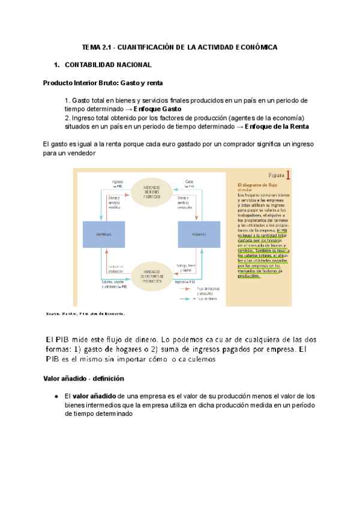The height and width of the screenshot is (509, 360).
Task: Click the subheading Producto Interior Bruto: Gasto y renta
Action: click(103, 82)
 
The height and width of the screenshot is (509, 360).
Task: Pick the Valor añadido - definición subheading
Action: click(83, 379)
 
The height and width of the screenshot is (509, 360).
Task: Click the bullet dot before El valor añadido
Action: click(55, 397)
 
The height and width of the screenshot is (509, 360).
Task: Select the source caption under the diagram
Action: click(85, 313)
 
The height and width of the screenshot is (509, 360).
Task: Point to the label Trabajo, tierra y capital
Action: click(186, 267)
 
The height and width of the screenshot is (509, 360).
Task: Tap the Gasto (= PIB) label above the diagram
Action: click(190, 183)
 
